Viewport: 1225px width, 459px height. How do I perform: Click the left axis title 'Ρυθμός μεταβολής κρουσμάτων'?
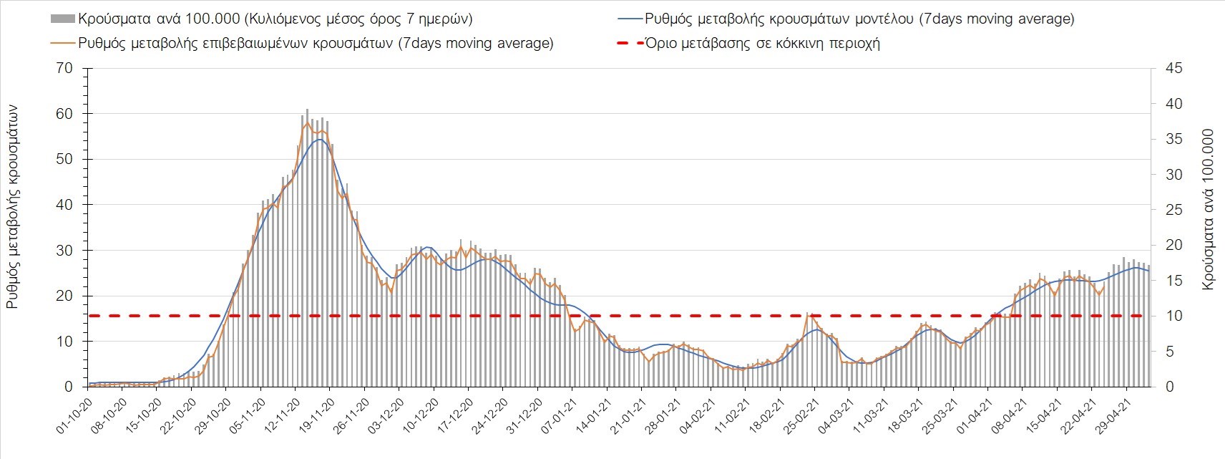click(x=12, y=207)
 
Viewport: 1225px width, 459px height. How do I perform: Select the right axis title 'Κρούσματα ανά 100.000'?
click(x=1209, y=209)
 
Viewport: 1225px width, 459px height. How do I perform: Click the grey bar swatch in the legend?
click(x=62, y=19)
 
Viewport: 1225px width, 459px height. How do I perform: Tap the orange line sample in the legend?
click(x=62, y=43)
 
